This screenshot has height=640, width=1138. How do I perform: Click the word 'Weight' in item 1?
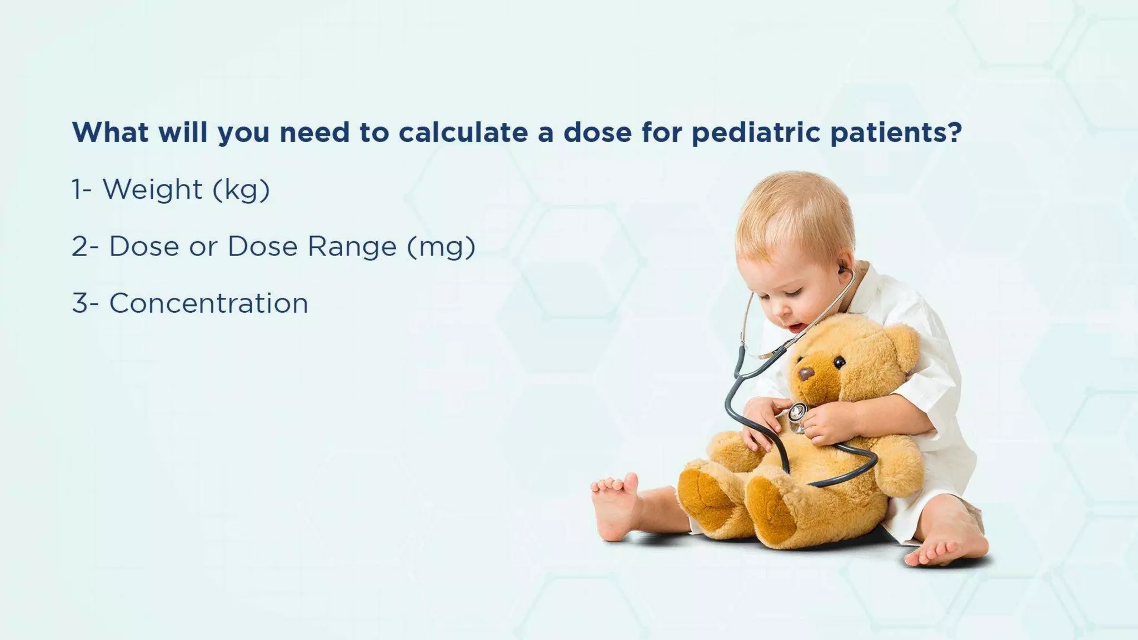tap(153, 189)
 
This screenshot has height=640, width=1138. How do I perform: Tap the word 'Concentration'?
tap(208, 303)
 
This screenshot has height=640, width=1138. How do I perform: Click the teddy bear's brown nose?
tap(806, 373)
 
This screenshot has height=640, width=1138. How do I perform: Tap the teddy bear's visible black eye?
tap(839, 362)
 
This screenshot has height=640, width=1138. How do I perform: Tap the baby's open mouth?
tap(796, 327)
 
